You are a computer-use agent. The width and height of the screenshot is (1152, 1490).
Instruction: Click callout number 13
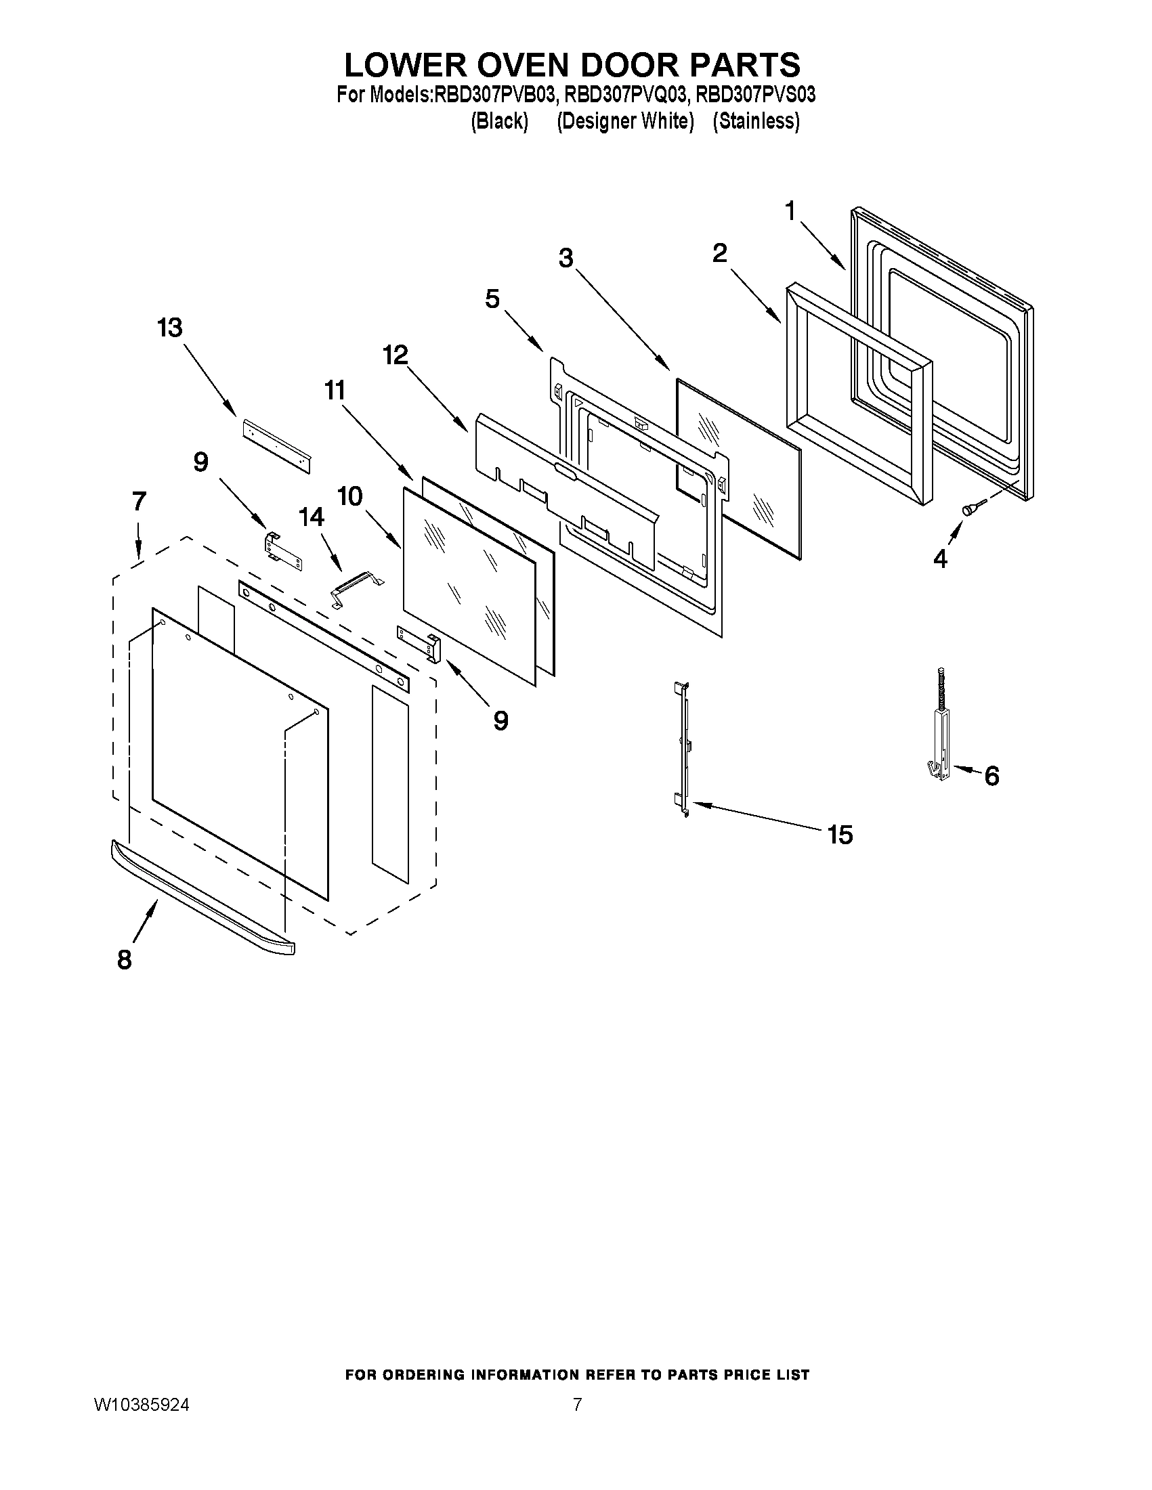click(170, 328)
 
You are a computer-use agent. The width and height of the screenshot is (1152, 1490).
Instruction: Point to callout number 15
click(840, 835)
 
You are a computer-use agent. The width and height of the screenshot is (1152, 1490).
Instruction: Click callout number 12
click(396, 355)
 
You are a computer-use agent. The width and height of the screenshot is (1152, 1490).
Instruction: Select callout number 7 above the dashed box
click(140, 502)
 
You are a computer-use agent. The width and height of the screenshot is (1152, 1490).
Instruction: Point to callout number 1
click(790, 211)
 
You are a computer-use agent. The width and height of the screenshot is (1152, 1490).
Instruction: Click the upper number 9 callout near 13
click(200, 462)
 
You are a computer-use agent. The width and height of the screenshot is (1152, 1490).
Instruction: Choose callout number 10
click(349, 496)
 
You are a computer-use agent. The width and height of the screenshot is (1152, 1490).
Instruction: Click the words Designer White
click(625, 121)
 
